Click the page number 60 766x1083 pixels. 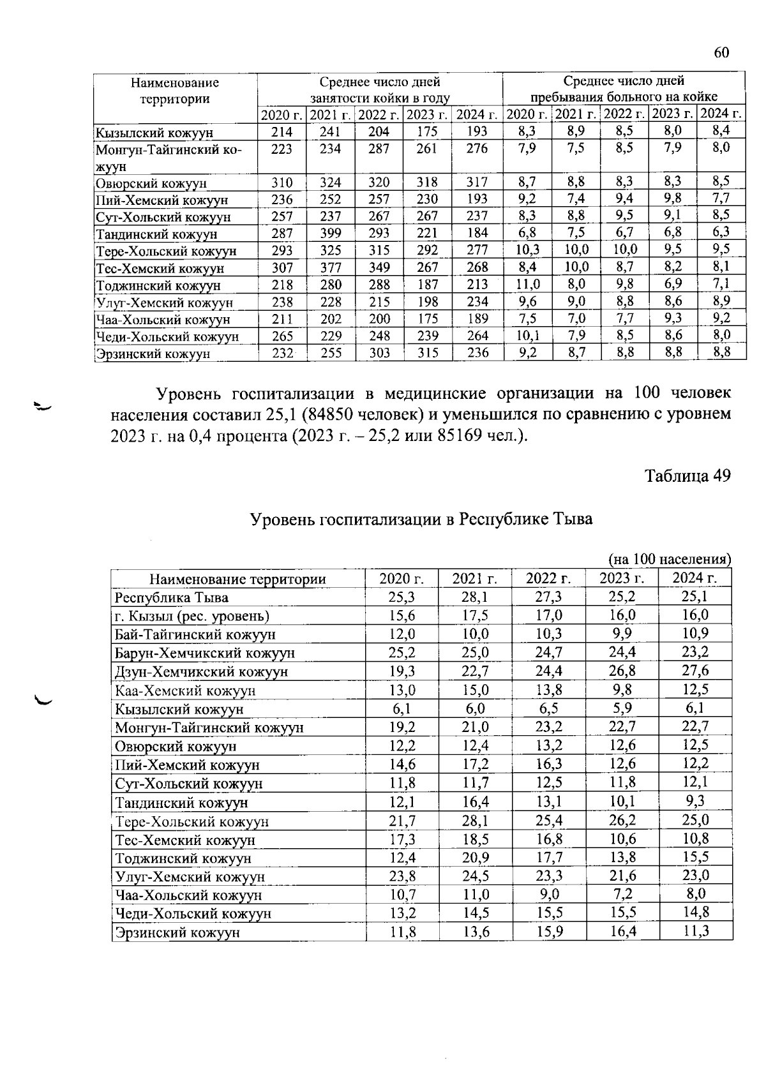point(721,52)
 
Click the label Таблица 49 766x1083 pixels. point(687,476)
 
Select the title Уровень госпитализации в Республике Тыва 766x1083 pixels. point(421,519)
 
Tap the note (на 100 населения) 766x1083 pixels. point(670,559)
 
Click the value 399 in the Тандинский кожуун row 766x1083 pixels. point(331,233)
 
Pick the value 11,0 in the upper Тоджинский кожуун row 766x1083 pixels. point(527,284)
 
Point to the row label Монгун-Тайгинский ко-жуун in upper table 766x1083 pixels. point(169,157)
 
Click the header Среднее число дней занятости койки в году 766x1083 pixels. point(380,89)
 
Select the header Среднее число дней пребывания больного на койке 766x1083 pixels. point(624,89)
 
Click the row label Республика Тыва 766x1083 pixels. point(171,598)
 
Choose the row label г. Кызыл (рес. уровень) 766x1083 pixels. point(192,616)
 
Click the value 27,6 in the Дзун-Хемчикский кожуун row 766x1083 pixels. point(695,671)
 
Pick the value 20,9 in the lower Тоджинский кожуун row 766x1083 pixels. point(475,857)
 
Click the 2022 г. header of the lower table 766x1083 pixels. point(548,579)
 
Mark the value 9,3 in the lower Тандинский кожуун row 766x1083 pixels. point(695,802)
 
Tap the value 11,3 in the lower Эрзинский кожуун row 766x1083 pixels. point(695,932)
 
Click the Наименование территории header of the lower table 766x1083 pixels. point(237,579)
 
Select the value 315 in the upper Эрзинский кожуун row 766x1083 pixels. point(427,352)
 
